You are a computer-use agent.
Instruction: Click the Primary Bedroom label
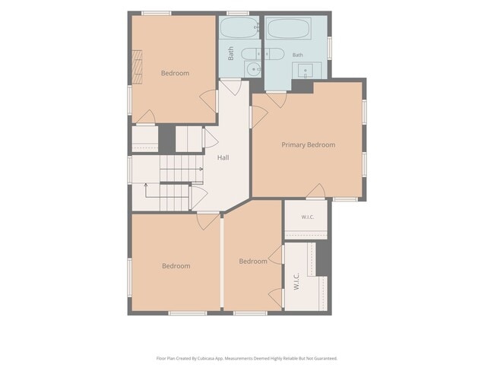(308, 144)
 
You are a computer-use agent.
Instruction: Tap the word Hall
(223, 157)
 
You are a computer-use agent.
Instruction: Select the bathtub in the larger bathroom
(288, 29)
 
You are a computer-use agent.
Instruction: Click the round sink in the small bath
(252, 69)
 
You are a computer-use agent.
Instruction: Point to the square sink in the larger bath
(305, 70)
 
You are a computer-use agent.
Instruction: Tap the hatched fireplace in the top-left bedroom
(137, 67)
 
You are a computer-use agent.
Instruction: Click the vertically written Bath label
(230, 53)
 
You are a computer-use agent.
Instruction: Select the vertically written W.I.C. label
(296, 281)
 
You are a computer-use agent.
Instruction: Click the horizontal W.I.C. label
(308, 217)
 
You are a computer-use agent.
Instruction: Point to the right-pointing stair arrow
(182, 169)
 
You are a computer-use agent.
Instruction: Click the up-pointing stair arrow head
(146, 185)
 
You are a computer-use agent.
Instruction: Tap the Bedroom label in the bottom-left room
(176, 266)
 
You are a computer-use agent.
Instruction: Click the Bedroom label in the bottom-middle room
(253, 262)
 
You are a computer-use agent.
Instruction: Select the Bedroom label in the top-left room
(175, 73)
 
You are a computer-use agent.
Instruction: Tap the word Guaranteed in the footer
(326, 358)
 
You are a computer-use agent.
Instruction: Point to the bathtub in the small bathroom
(239, 27)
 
